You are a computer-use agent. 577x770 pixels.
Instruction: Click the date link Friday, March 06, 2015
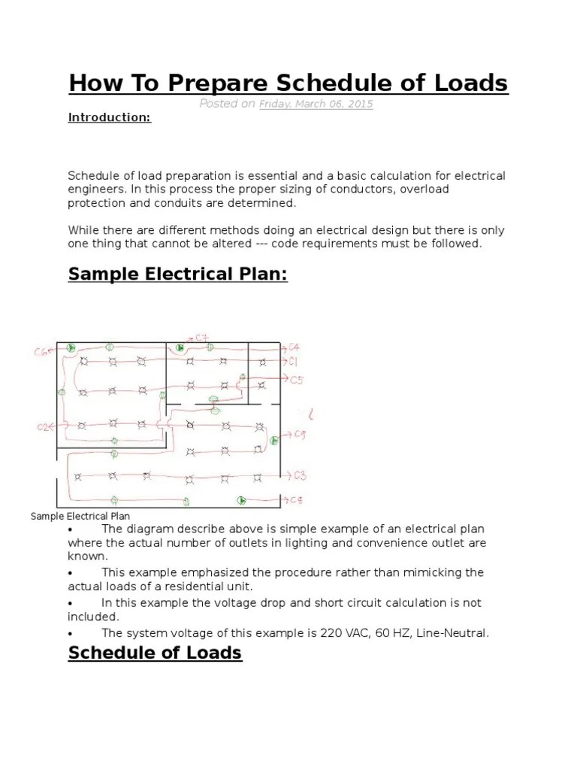[x=316, y=104]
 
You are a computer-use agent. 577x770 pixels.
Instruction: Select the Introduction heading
[x=110, y=118]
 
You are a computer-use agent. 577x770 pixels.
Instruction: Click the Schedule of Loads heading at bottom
[x=155, y=652]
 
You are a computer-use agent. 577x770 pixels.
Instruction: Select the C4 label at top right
[x=295, y=347]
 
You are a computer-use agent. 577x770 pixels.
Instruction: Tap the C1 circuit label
[x=295, y=362]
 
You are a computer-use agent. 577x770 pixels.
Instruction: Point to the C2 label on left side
[x=44, y=427]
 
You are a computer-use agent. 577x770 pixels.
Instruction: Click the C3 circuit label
[x=299, y=475]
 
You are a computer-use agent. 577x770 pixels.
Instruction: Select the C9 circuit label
[x=299, y=435]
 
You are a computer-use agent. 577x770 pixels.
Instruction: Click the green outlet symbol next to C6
[x=71, y=347]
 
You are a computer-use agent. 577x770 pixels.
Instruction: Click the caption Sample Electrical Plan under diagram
[x=80, y=516]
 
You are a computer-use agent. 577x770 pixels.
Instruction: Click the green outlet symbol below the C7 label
[x=180, y=348]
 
